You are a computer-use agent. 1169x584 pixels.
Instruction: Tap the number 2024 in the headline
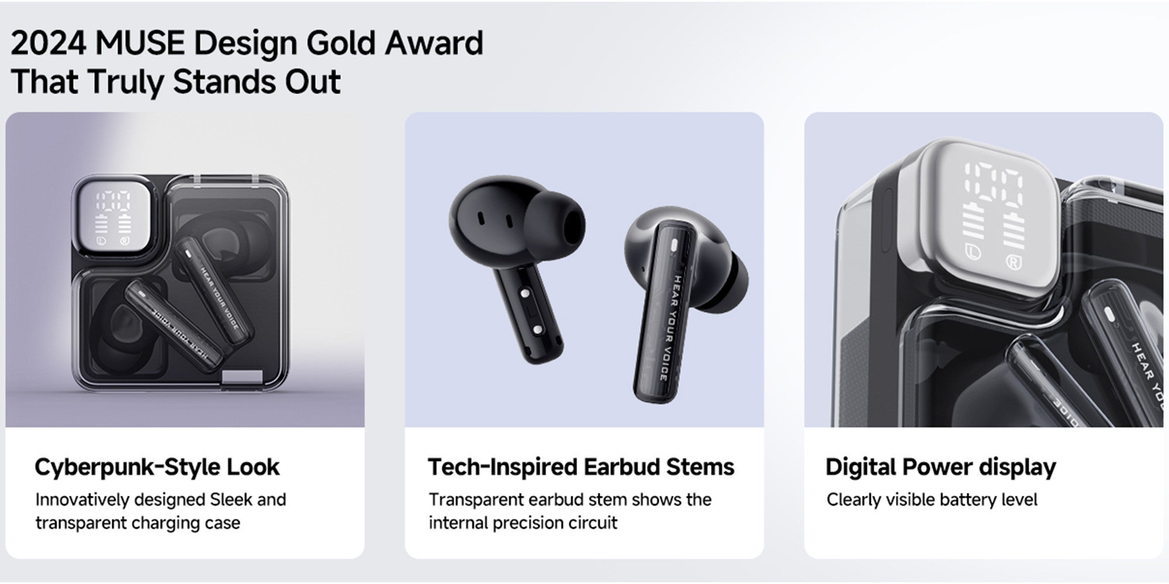[x=49, y=43]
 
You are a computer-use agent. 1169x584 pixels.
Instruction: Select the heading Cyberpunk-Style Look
[x=157, y=467]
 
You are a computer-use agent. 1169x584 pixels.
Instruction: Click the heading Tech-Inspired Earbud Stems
[x=581, y=467]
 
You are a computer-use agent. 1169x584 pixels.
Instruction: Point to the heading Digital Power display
[x=941, y=467]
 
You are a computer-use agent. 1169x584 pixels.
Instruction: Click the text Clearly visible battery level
[x=932, y=500]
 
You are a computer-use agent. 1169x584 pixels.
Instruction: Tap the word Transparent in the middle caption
[x=476, y=500]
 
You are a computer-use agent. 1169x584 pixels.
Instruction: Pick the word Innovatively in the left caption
[x=82, y=500]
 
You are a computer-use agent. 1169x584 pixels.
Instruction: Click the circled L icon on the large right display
[x=971, y=252]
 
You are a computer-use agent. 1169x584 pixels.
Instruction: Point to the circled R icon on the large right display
[x=1014, y=261]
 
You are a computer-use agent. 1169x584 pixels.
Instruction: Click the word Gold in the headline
[x=341, y=43]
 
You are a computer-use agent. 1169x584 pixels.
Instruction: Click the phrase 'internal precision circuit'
[x=523, y=523]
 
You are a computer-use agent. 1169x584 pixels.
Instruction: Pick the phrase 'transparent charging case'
[x=137, y=523]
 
